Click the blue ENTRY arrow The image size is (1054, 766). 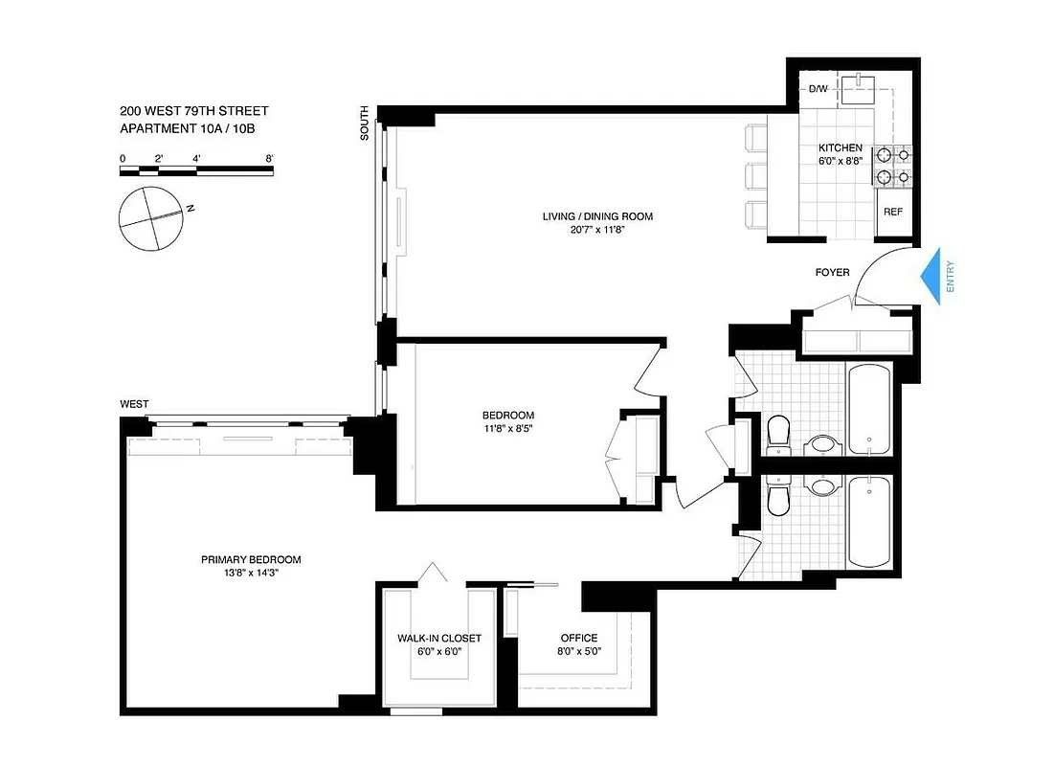933,277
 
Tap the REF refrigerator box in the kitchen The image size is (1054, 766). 892,212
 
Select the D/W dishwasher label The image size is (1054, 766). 818,89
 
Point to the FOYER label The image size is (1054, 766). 832,273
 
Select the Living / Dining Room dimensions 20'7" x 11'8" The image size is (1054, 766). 597,231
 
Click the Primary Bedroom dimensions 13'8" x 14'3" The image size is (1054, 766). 251,574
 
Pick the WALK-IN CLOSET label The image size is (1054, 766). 439,638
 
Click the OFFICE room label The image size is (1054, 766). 578,638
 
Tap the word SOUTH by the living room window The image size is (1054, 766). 365,124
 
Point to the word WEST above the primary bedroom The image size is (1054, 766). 134,404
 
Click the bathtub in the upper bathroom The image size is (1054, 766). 869,409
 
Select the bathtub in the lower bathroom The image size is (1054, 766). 869,522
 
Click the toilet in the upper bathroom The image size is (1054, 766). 778,433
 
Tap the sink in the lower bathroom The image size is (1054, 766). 821,486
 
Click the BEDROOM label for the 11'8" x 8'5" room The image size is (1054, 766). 507,415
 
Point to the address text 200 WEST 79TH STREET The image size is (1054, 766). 194,111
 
